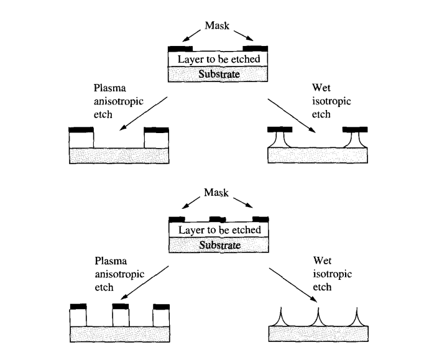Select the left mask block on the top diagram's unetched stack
(x=181, y=48)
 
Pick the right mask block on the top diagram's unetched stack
(x=256, y=48)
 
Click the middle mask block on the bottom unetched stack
(x=218, y=219)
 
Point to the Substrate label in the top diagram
(x=218, y=74)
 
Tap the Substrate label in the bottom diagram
(x=218, y=244)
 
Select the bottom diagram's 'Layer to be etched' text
(x=218, y=230)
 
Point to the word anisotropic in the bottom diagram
(x=119, y=274)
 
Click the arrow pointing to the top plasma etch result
(x=145, y=113)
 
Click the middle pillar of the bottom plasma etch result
(x=121, y=316)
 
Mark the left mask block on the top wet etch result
(x=280, y=130)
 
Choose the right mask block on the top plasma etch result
(x=156, y=130)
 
